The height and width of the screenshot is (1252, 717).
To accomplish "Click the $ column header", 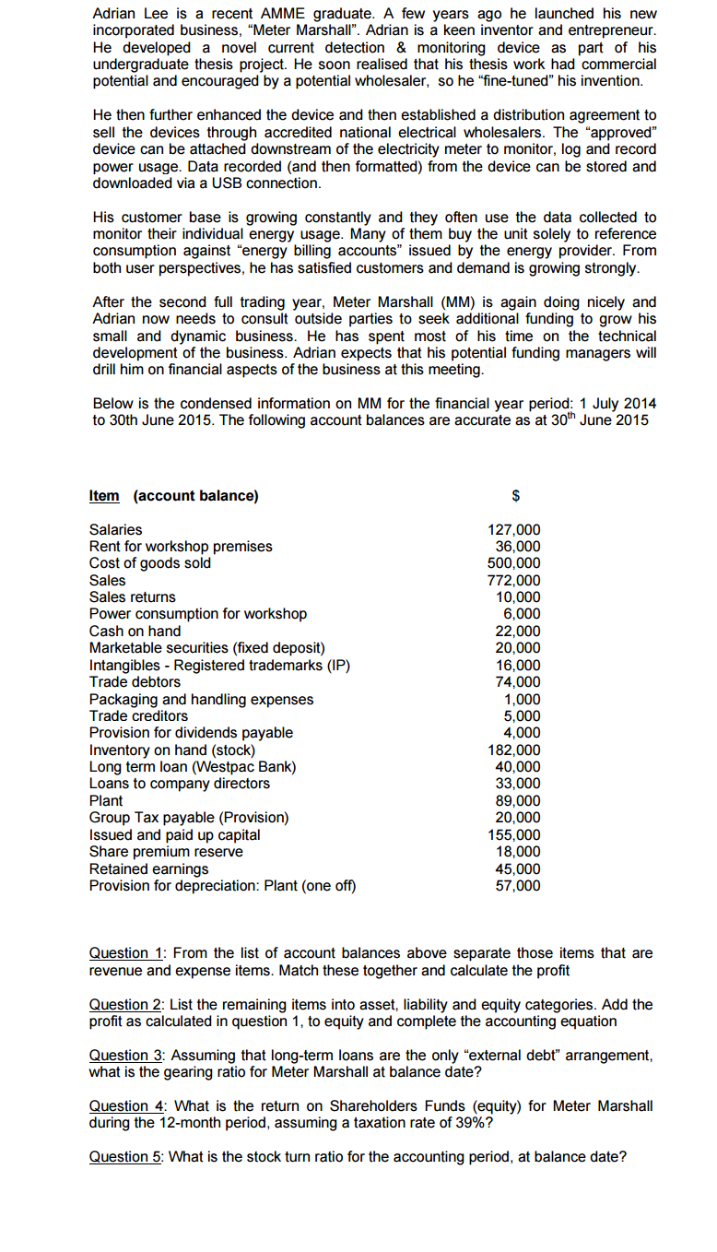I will [516, 496].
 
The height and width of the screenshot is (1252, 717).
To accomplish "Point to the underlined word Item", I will [104, 496].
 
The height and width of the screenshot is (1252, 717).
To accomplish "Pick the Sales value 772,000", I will [513, 581].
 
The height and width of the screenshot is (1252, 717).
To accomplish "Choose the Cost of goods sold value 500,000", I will [513, 563].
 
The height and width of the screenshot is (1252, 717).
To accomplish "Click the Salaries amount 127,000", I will [513, 530].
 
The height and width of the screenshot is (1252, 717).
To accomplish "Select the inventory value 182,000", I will [513, 750].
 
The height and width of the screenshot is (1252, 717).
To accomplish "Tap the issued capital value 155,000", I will [513, 835].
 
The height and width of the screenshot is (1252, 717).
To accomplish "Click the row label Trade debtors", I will [135, 682].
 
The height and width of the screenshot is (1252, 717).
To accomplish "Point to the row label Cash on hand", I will [135, 632].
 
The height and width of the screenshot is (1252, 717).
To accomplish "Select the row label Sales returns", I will [132, 597].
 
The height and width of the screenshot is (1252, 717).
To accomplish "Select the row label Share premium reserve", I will [166, 852].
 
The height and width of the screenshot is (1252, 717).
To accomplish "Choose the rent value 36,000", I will [517, 547].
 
